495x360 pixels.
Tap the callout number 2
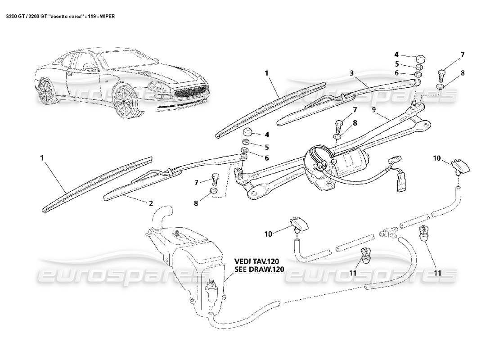point(151,203)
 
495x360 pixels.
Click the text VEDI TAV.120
point(259,261)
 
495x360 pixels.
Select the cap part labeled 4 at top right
point(420,58)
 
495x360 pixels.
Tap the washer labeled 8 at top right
point(441,86)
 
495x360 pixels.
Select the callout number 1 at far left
point(42,158)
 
